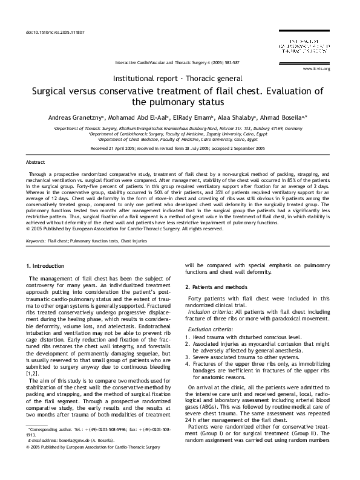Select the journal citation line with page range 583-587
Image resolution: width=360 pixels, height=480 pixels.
[x=177, y=62]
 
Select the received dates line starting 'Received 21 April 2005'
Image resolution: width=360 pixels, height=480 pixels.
[x=180, y=148]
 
